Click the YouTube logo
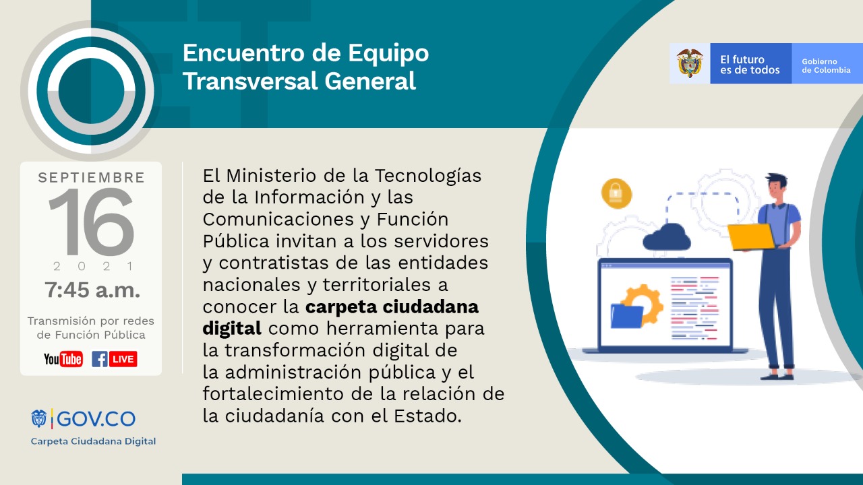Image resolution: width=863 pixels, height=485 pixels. click(63, 359)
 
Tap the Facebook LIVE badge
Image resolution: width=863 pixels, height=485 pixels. click(115, 359)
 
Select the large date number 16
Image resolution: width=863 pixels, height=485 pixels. click(91, 223)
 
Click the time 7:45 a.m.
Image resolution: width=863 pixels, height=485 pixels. click(92, 290)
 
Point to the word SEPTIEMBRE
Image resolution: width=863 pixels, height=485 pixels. click(91, 178)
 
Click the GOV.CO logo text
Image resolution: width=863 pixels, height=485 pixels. click(96, 419)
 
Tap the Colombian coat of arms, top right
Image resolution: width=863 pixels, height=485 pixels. click(690, 63)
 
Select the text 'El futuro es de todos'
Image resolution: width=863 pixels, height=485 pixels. click(750, 65)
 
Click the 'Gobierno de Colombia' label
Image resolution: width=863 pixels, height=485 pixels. click(826, 65)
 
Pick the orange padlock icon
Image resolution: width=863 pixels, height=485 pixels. click(616, 193)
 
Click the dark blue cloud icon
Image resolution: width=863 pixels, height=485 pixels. click(667, 238)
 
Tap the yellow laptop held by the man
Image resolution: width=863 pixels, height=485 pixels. click(750, 236)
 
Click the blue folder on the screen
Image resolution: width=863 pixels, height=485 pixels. click(626, 316)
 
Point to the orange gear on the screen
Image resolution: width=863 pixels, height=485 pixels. click(642, 302)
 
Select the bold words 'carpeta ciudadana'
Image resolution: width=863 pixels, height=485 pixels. click(392, 306)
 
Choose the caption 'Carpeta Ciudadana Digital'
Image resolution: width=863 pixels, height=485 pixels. click(93, 441)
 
